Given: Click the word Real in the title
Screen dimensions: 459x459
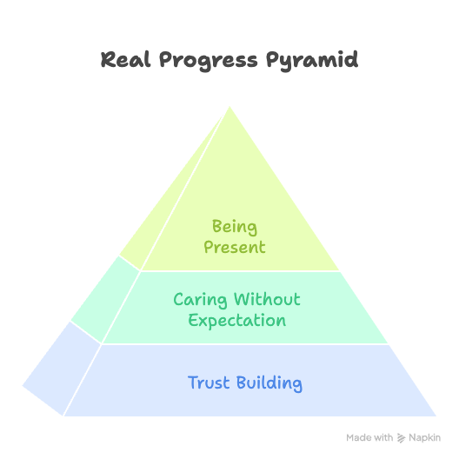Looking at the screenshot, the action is point(125,59).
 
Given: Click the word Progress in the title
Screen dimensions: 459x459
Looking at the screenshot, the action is point(209,61).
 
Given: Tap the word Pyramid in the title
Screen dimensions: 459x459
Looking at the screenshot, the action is point(312,61).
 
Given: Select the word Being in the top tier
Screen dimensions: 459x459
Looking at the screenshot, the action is point(235,227).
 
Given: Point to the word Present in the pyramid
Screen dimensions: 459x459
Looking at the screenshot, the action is point(235,248).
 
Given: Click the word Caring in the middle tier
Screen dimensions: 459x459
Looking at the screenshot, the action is point(200,300).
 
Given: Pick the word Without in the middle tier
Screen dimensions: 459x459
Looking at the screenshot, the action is point(267,299).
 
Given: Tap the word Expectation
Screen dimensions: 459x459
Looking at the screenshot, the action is point(236,321).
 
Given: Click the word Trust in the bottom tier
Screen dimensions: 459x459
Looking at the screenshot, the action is point(209,382).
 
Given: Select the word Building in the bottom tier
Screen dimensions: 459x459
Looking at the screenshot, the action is point(269,383).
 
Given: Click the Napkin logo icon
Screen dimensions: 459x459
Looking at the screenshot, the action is point(401,438).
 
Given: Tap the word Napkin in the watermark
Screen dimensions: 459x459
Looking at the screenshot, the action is point(424,438).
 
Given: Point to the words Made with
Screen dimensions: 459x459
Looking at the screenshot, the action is point(369,438).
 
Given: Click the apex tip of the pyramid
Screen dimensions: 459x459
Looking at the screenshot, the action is point(229,107).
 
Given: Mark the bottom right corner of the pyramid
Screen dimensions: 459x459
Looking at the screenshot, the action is point(436,416).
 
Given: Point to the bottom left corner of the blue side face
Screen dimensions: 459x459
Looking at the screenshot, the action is point(23,386).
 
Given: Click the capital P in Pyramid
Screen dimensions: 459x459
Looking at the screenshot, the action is point(272,61).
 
